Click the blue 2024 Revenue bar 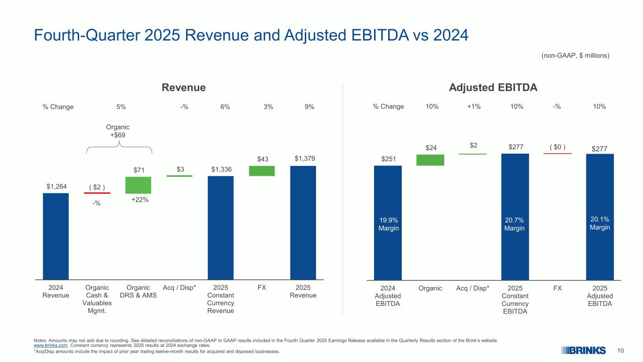pos(56,236)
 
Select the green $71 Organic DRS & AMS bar pos(138,185)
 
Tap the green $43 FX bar pos(261,171)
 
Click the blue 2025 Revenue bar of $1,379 pos(303,222)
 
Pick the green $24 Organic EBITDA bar pos(430,160)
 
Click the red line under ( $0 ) pos(557,153)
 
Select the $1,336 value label pos(220,169)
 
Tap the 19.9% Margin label pos(387,224)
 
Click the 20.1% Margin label pos(600,223)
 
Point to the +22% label pos(140,200)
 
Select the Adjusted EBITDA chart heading pos(493,88)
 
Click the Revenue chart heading pos(184,88)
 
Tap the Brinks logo pos(583,350)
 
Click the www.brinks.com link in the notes pos(48,345)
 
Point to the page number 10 pos(620,350)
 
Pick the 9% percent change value pos(309,107)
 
